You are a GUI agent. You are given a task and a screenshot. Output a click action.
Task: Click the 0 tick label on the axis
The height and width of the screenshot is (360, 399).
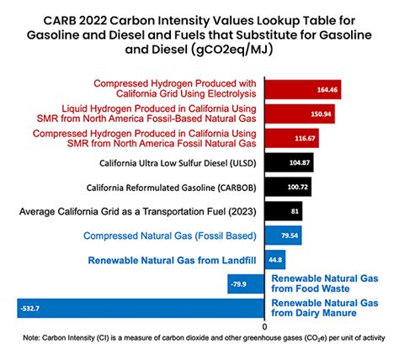click(264, 326)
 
